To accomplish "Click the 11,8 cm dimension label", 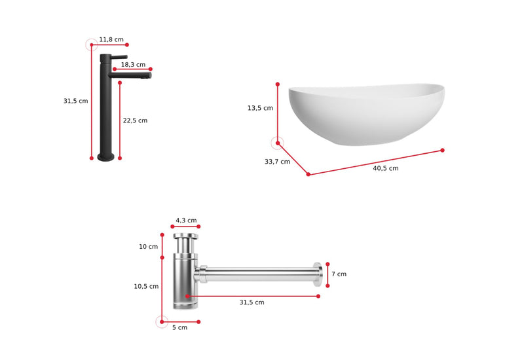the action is coord(111,39).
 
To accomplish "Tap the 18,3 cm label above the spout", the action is coord(133,64).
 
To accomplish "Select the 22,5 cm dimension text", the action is coord(135,120).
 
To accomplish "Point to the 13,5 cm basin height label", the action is coord(260,108).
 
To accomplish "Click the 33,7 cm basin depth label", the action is coord(277,162).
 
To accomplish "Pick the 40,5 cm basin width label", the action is coord(386,168).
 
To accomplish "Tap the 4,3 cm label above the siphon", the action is coord(186,221).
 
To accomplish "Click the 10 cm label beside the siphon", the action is coord(149,247).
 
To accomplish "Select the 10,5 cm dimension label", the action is coord(146,286).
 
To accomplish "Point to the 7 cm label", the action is coord(339,274).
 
